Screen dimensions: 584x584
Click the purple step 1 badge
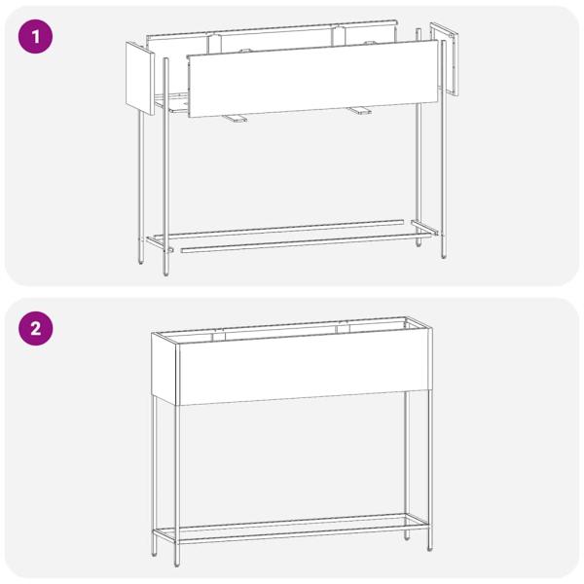35,37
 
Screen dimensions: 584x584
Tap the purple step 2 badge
35,329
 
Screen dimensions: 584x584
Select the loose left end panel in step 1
140,78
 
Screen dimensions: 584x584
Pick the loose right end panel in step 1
444,58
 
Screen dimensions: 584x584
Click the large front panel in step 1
312,79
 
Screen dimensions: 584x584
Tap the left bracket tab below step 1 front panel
234,119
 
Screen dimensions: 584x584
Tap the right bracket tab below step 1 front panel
359,111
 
